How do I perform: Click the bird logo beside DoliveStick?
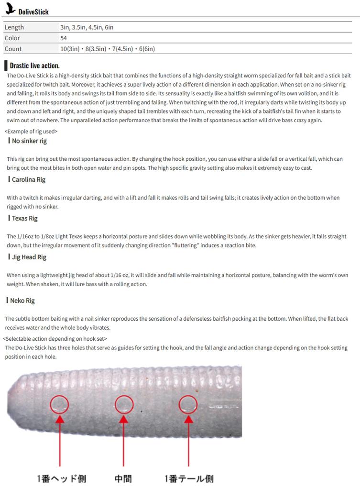[x=11, y=9]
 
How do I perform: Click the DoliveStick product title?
[x=34, y=11]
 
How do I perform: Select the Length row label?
[x=14, y=27]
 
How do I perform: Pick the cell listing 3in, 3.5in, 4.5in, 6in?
[x=87, y=27]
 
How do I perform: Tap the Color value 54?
[x=64, y=38]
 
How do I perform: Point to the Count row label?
[x=13, y=49]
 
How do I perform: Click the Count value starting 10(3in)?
[x=107, y=49]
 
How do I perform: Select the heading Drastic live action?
[x=34, y=66]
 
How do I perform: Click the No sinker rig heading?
[x=29, y=141]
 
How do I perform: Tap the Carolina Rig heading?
[x=29, y=179]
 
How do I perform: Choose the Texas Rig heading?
[x=25, y=218]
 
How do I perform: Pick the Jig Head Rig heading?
[x=29, y=257]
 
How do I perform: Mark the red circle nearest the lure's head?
[x=60, y=405]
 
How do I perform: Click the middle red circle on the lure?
[x=123, y=405]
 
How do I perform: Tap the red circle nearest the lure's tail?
[x=188, y=405]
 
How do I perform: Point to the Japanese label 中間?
[x=123, y=479]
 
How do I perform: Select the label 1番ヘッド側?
[x=62, y=479]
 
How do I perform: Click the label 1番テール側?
[x=189, y=479]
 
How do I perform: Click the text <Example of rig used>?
[x=31, y=131]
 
